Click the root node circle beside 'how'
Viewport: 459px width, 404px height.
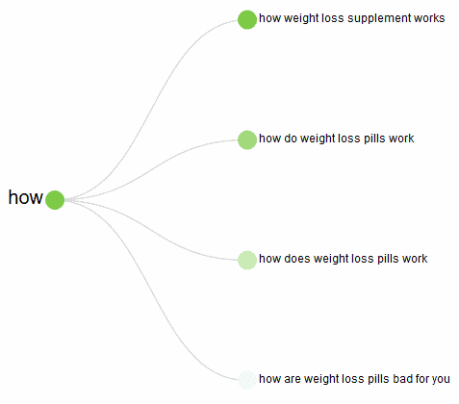pos(55,200)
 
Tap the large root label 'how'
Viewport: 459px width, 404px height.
pos(25,197)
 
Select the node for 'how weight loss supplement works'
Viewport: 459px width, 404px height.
pos(247,19)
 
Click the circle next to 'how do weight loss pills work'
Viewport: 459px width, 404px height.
pos(247,139)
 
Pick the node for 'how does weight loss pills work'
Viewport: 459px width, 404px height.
pos(247,260)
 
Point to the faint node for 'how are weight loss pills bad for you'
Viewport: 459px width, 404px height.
pos(247,380)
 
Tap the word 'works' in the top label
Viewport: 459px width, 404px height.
pos(429,18)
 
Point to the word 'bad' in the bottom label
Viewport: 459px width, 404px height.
pos(402,379)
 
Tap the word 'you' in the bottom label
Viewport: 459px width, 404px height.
pos(441,380)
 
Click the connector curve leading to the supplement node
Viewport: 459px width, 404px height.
pos(152,108)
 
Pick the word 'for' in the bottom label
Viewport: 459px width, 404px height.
pos(421,379)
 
